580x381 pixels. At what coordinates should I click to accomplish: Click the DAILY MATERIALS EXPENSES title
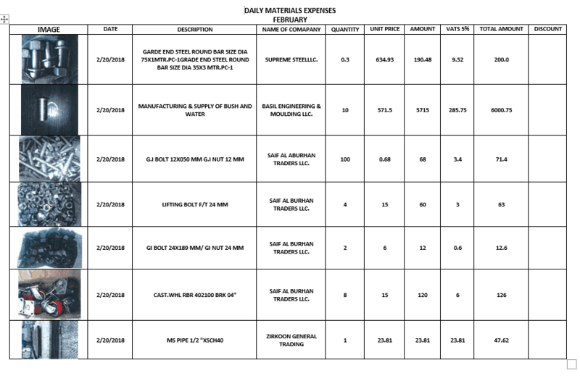[x=290, y=10]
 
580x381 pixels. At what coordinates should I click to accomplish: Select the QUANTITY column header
[x=345, y=29]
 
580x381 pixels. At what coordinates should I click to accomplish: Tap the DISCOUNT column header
[x=547, y=29]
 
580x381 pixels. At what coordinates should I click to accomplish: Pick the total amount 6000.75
[x=501, y=110]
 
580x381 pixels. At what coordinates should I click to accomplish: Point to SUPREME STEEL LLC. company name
[x=290, y=59]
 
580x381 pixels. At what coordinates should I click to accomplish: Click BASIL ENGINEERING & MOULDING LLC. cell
[x=290, y=110]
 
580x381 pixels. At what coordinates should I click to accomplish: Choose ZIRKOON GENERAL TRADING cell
[x=290, y=340]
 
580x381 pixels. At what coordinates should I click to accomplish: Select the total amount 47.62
[x=501, y=340]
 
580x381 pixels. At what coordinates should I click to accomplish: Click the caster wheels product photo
[x=49, y=295]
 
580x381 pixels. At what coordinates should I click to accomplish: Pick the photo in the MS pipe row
[x=49, y=340]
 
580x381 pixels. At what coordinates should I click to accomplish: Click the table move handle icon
[x=4, y=19]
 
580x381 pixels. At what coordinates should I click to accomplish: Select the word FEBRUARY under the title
[x=290, y=20]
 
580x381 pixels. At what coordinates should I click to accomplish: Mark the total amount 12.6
[x=501, y=248]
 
